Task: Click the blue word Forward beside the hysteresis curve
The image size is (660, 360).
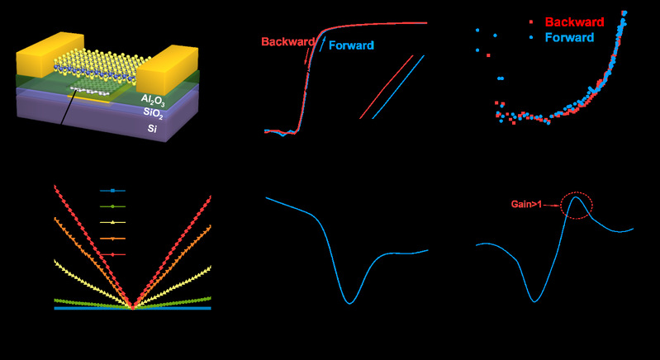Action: [x=353, y=46]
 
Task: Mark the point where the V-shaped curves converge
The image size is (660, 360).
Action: [x=133, y=307]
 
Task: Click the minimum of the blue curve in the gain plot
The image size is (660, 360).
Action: [x=536, y=301]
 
